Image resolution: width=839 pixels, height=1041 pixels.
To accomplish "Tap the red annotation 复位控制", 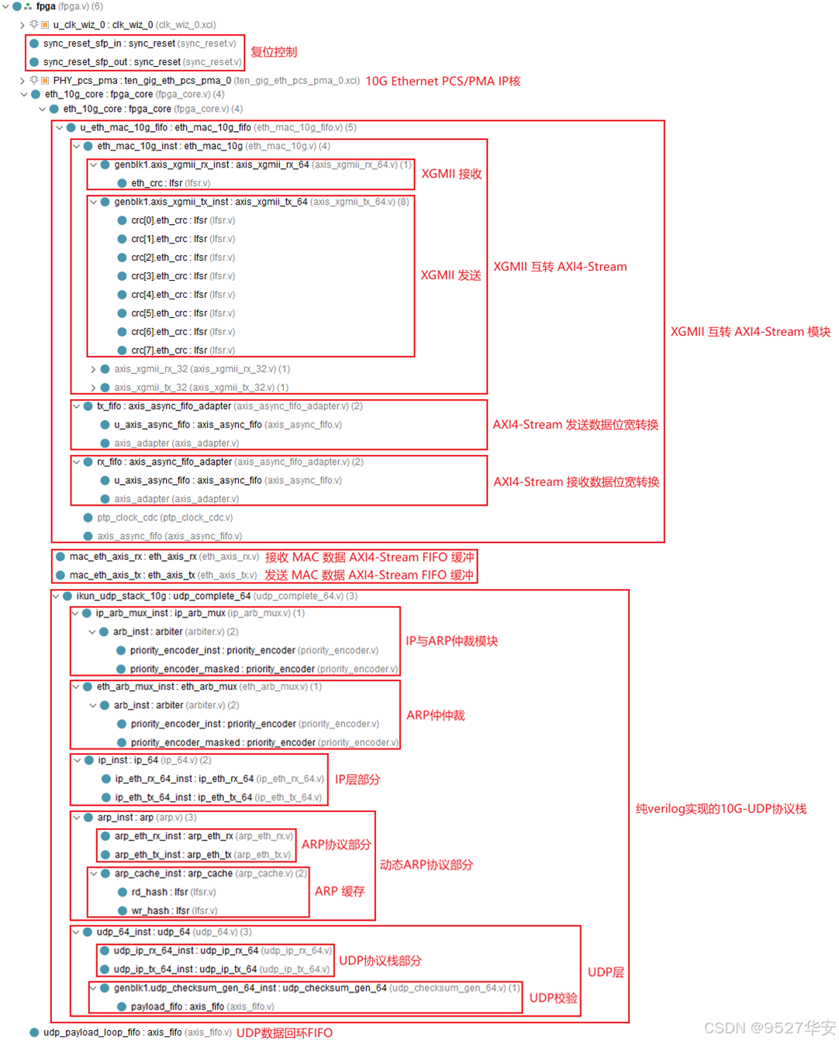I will [273, 52].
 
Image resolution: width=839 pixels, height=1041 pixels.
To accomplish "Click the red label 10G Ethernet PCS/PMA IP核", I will [443, 81].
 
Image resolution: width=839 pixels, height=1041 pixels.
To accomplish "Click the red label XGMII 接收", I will [451, 174].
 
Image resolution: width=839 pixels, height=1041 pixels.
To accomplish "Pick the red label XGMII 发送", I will [451, 275].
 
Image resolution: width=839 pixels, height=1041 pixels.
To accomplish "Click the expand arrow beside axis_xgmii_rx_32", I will [93, 369].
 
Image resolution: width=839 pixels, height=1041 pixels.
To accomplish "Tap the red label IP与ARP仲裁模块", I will [451, 641].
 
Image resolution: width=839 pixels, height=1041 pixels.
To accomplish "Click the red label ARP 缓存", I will [340, 891].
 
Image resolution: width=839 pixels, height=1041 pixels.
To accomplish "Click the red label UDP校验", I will [553, 998].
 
